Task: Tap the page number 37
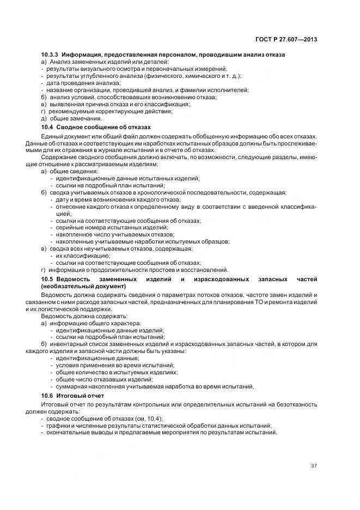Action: [x=313, y=465]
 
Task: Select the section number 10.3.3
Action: [x=51, y=56]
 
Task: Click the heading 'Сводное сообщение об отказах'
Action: [x=102, y=126]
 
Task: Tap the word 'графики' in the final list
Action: [x=56, y=425]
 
